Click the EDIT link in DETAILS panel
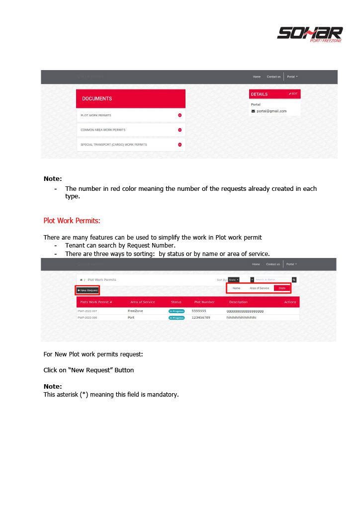pyautogui.click(x=293, y=93)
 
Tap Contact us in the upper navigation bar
pyautogui.click(x=273, y=77)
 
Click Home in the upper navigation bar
pyautogui.click(x=257, y=77)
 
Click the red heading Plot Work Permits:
pyautogui.click(x=72, y=220)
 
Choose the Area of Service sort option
pyautogui.click(x=259, y=288)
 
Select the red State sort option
pyautogui.click(x=282, y=288)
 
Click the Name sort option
pyautogui.click(x=236, y=288)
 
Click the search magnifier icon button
pyautogui.click(x=294, y=280)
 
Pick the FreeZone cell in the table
pyautogui.click(x=135, y=311)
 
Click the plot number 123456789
pyautogui.click(x=201, y=317)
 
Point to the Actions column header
pyautogui.click(x=290, y=302)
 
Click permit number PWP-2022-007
pyautogui.click(x=88, y=311)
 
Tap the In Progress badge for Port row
pyautogui.click(x=177, y=318)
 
